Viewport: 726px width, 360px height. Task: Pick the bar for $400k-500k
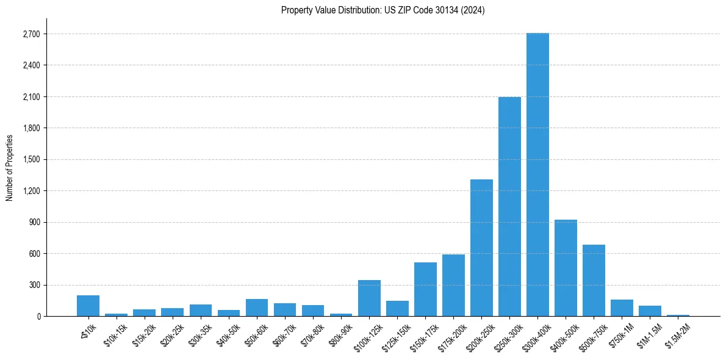[566, 268]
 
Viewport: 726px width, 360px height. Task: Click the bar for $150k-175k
[425, 289]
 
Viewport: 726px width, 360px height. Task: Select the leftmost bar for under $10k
[88, 306]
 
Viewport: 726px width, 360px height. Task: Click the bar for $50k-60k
[257, 308]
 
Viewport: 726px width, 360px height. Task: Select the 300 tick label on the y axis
[34, 285]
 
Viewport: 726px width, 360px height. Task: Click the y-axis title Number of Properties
[9, 167]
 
